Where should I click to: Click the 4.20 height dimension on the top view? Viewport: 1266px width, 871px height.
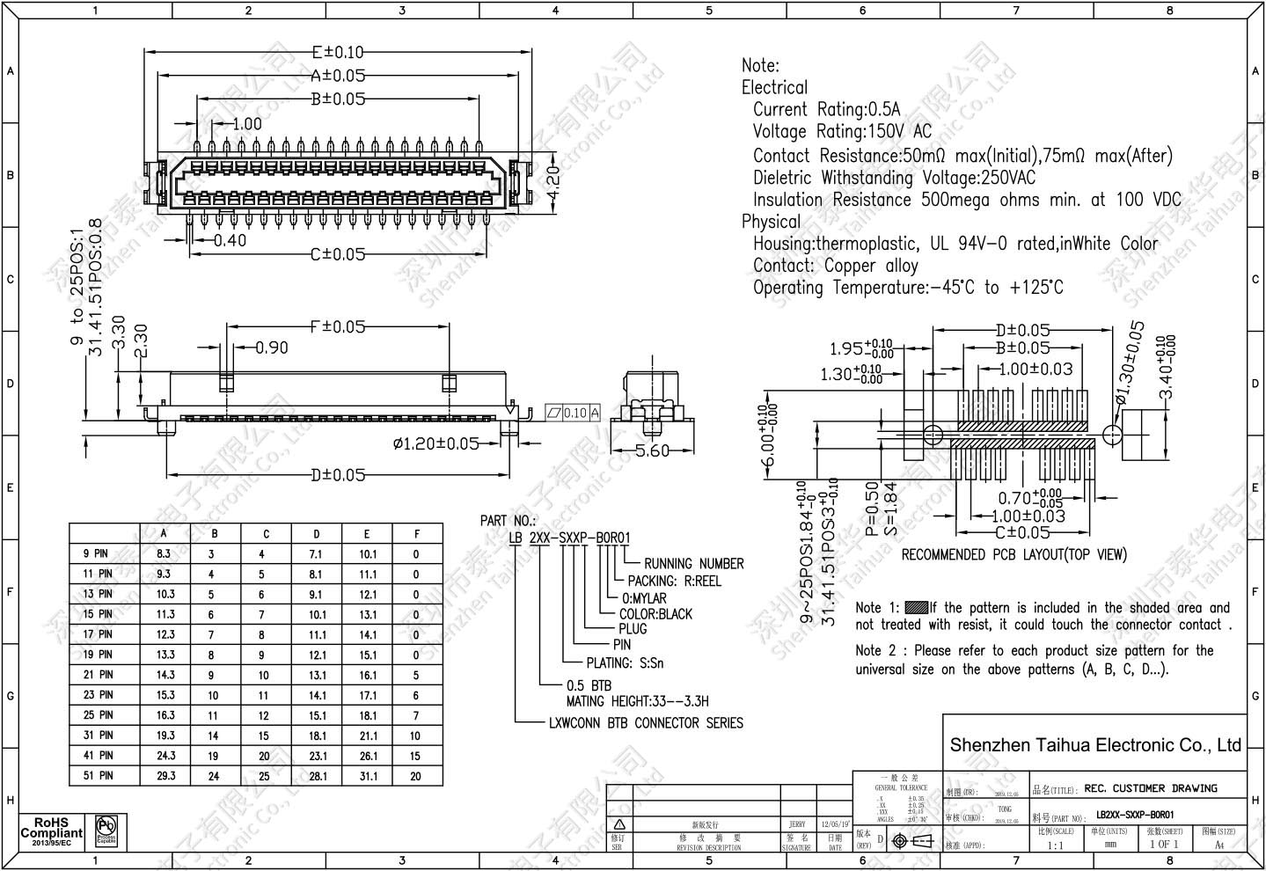tap(553, 182)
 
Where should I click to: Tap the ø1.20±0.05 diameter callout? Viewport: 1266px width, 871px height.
tap(436, 443)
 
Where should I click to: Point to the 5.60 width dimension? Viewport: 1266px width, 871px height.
tap(652, 450)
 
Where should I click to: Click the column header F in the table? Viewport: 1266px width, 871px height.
tap(417, 533)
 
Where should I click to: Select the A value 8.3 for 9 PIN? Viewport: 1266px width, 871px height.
tap(165, 554)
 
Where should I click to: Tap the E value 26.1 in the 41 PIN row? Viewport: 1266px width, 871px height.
tap(368, 755)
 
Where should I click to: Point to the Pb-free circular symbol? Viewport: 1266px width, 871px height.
tap(107, 829)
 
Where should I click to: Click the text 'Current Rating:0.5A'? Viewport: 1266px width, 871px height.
tap(826, 110)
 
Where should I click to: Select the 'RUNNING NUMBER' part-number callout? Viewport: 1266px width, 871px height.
tap(693, 564)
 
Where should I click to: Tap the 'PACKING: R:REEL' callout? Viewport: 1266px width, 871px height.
tap(674, 582)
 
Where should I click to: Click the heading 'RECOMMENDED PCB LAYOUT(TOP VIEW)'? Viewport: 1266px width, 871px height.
tap(1014, 555)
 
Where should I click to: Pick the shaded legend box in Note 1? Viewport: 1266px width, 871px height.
tap(917, 607)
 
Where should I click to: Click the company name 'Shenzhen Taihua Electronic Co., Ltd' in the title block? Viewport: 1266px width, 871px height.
tap(1095, 745)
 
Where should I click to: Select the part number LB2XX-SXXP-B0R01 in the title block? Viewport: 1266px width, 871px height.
tap(1134, 815)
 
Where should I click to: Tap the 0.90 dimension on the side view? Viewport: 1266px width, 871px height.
tap(272, 348)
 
